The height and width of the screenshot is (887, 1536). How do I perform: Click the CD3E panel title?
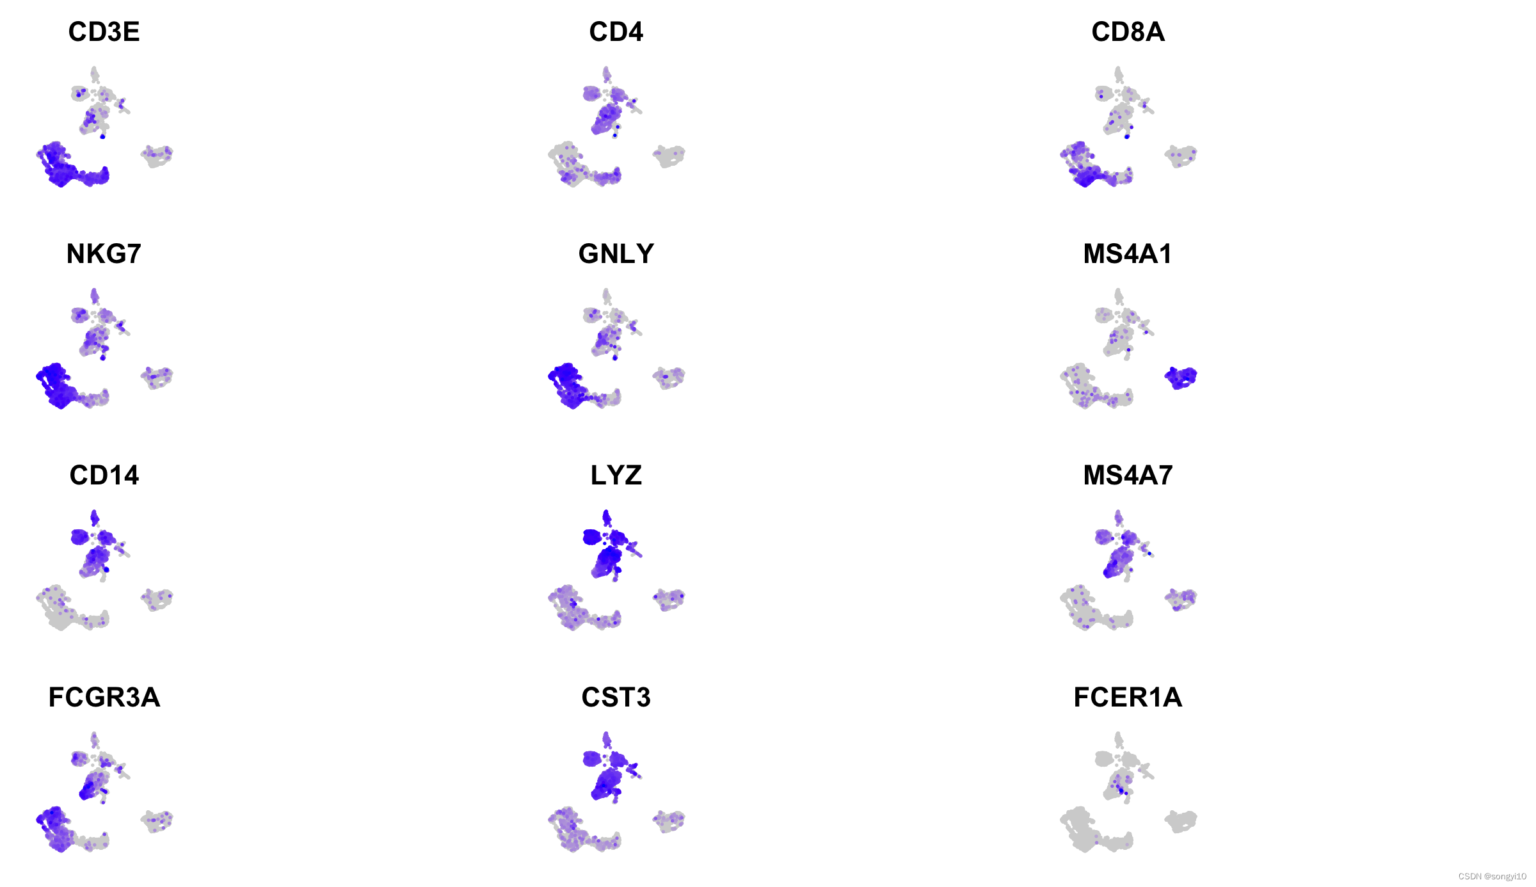click(x=104, y=32)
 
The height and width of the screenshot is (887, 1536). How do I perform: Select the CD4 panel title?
click(x=616, y=32)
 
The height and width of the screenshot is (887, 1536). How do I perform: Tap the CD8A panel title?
click(x=1128, y=32)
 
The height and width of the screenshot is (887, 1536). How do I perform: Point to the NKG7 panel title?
click(x=104, y=254)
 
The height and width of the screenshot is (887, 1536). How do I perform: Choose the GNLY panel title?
click(x=616, y=254)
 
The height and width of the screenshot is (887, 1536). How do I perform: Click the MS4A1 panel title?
click(x=1128, y=254)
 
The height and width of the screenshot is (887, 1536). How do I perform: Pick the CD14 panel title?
click(x=104, y=475)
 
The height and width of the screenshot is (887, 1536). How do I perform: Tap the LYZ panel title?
click(x=616, y=475)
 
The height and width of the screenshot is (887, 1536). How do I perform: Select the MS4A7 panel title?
click(x=1128, y=475)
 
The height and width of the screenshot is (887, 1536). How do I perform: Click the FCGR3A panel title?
click(x=104, y=698)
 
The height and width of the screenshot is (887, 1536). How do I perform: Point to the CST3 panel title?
click(x=616, y=698)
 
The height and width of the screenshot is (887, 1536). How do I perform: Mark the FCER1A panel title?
click(x=1128, y=698)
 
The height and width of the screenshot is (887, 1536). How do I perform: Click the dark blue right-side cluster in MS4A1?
click(x=1181, y=378)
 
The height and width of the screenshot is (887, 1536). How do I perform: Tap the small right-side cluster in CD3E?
click(x=157, y=156)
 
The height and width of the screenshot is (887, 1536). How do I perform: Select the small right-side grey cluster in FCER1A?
click(x=1181, y=821)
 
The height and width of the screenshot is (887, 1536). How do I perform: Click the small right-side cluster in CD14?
click(x=157, y=600)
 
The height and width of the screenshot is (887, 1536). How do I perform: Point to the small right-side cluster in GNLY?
click(x=669, y=378)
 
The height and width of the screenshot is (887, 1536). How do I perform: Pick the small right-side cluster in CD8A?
click(x=1181, y=156)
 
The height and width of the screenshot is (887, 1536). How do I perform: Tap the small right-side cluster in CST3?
click(x=669, y=821)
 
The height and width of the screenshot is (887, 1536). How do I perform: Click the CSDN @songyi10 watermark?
click(x=1492, y=876)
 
